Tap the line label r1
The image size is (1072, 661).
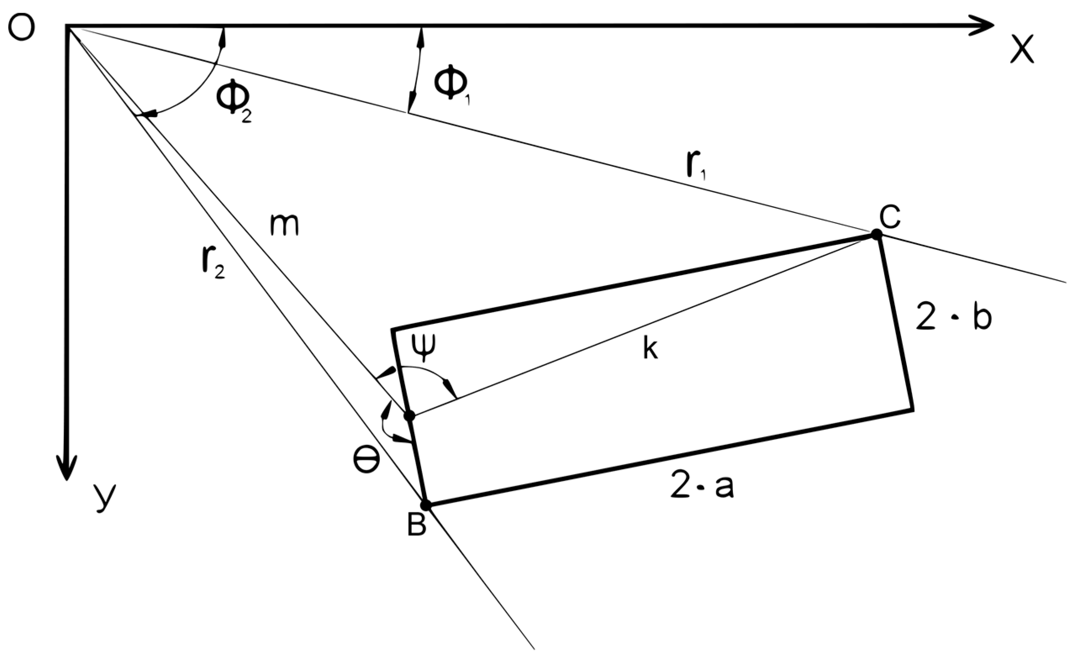[696, 166]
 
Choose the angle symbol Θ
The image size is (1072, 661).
[366, 461]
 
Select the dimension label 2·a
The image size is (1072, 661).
[702, 487]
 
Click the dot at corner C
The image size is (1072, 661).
[876, 234]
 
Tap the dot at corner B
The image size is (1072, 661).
[426, 505]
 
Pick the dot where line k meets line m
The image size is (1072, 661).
[409, 415]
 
